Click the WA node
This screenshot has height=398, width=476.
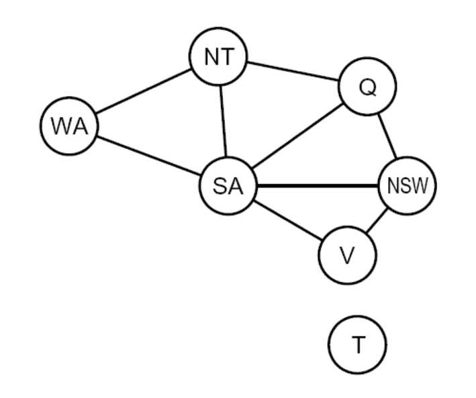(69, 126)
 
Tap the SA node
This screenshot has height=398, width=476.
(228, 186)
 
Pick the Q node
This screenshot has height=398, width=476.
(367, 87)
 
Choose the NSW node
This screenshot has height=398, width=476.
(408, 185)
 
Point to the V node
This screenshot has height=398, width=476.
(347, 256)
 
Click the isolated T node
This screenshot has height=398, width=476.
(357, 346)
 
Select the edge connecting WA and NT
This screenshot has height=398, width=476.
(143, 92)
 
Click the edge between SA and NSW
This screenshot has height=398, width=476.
(318, 186)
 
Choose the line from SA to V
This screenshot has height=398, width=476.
(287, 221)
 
